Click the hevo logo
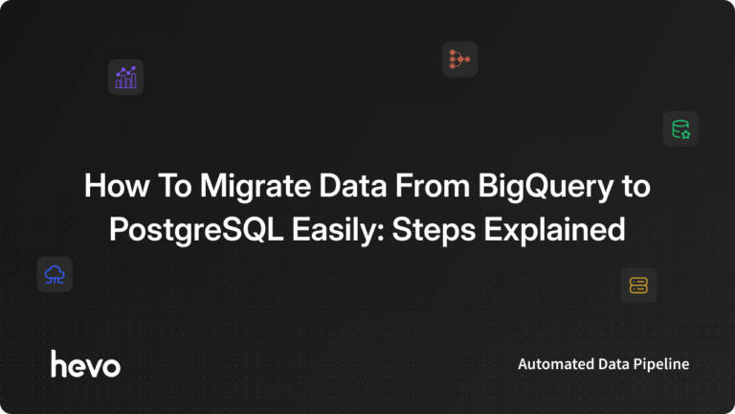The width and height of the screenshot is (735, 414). tap(85, 363)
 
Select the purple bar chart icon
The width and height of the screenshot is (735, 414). tap(125, 78)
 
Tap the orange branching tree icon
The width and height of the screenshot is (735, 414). tap(459, 59)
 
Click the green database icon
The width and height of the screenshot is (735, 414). tap(680, 129)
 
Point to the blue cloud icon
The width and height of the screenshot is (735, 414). tap(55, 275)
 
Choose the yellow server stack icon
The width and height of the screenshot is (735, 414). tap(638, 285)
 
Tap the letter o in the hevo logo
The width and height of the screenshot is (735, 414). tap(111, 365)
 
